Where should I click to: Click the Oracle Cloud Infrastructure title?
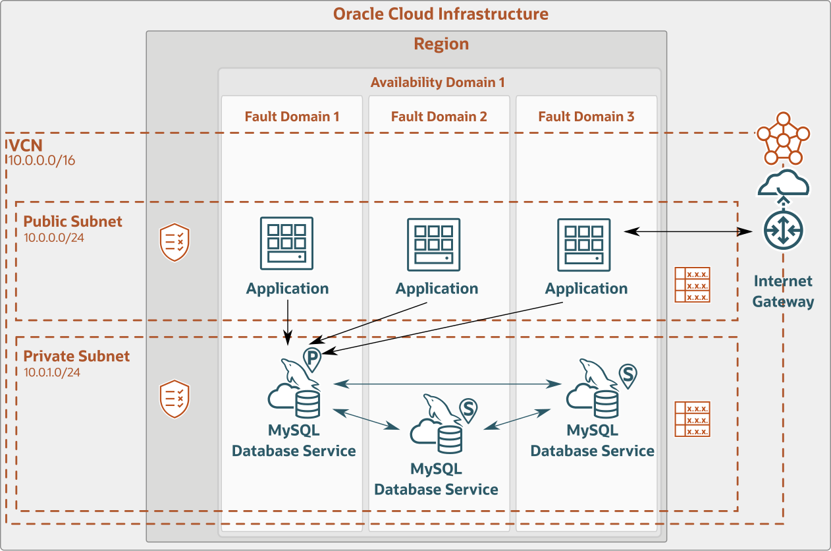[x=441, y=14]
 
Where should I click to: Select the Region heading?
[x=441, y=44]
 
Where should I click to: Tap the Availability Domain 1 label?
[x=437, y=82]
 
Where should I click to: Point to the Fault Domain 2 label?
[x=439, y=117]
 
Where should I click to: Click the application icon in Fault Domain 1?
[x=287, y=244]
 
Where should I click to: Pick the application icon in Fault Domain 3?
[x=583, y=244]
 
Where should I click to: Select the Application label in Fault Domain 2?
[x=437, y=289]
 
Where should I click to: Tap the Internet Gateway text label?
[x=783, y=291]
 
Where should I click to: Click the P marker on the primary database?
[x=312, y=357]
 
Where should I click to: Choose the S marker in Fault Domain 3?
[x=628, y=375]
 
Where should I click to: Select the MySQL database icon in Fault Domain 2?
[x=437, y=427]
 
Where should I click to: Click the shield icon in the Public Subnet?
[x=175, y=243]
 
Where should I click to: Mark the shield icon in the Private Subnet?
[x=175, y=398]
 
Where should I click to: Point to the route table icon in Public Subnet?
[x=692, y=285]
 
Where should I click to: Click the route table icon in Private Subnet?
[x=692, y=419]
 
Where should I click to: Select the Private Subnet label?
[x=76, y=357]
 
